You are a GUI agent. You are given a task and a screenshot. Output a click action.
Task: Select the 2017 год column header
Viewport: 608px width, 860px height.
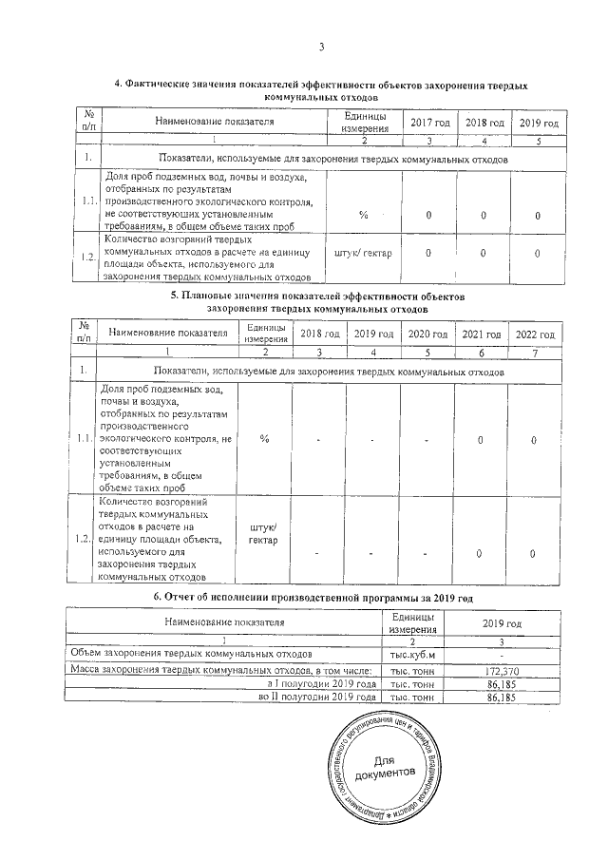click(x=428, y=123)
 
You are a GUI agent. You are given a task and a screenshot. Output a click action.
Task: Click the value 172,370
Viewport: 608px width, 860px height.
click(x=500, y=670)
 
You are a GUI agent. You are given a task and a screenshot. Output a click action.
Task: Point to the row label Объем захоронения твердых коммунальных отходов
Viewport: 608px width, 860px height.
click(x=189, y=655)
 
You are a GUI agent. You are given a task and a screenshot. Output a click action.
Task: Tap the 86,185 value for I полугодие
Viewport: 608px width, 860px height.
click(x=500, y=683)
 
